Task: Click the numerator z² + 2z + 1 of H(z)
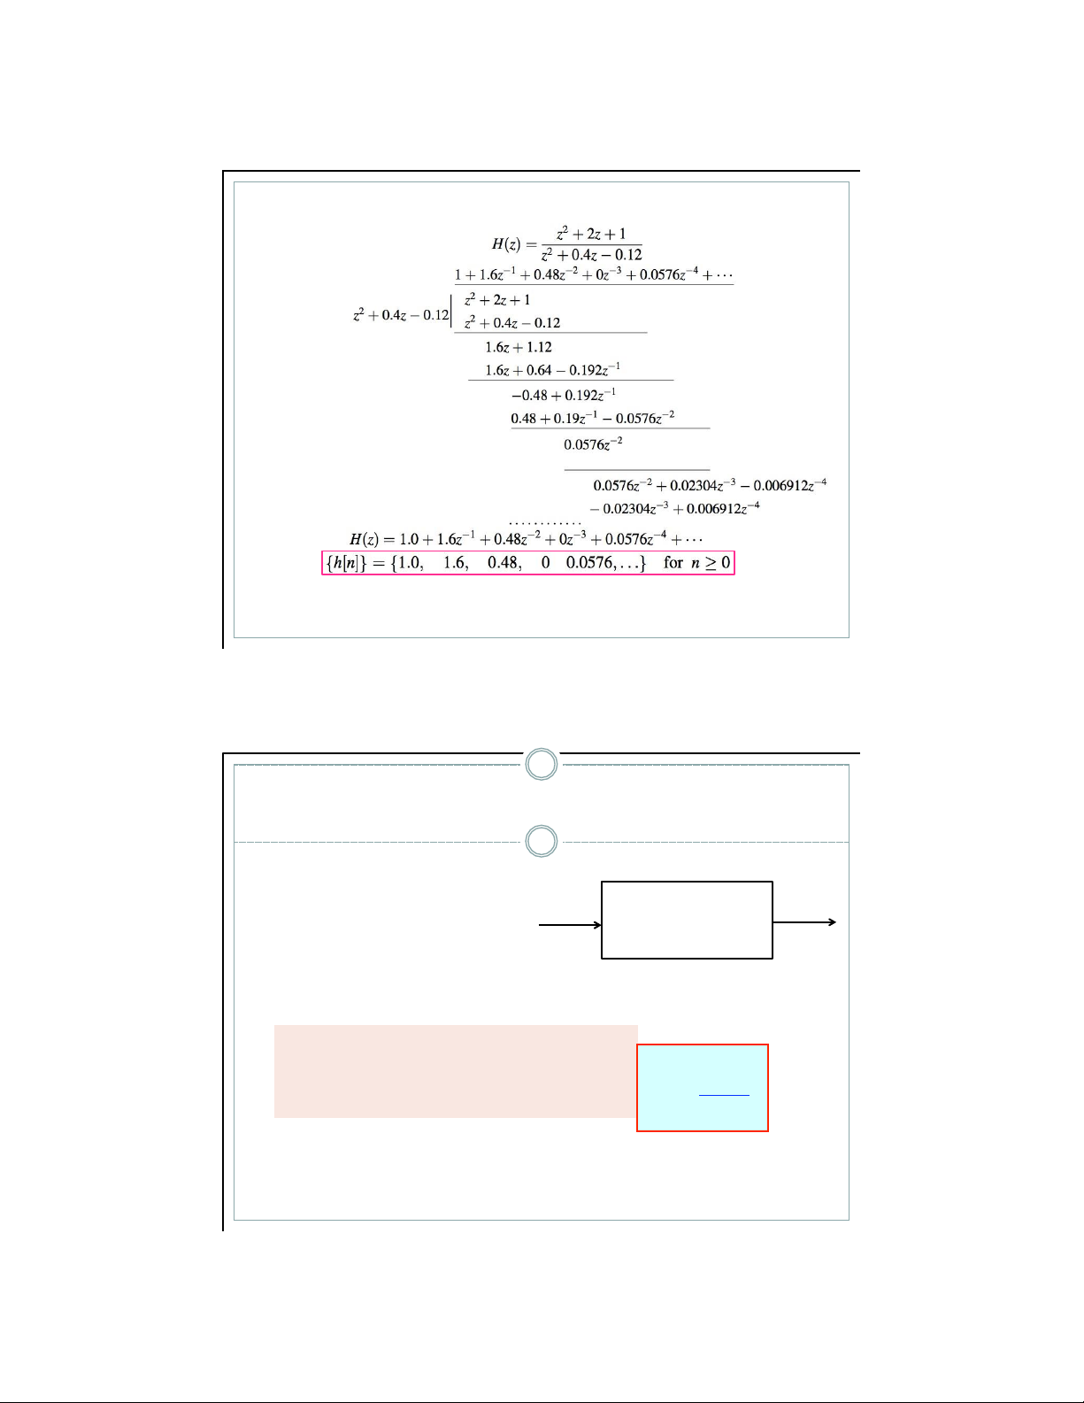pos(591,235)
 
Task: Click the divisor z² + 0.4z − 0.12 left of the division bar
pos(401,315)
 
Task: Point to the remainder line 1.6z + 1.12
pos(518,348)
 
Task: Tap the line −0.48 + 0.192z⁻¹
pos(564,395)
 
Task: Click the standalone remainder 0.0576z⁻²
pos(593,444)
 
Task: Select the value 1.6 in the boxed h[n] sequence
pos(456,563)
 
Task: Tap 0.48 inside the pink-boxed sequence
pos(504,563)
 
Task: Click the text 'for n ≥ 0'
pos(696,563)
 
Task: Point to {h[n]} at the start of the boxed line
pos(347,563)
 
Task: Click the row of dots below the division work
pos(545,523)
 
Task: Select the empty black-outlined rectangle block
pos(687,920)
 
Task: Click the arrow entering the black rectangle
pos(570,925)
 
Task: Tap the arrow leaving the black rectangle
pos(804,922)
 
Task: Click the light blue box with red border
pos(703,1087)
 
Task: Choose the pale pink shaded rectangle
pos(455,1071)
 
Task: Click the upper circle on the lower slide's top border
pos(542,764)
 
